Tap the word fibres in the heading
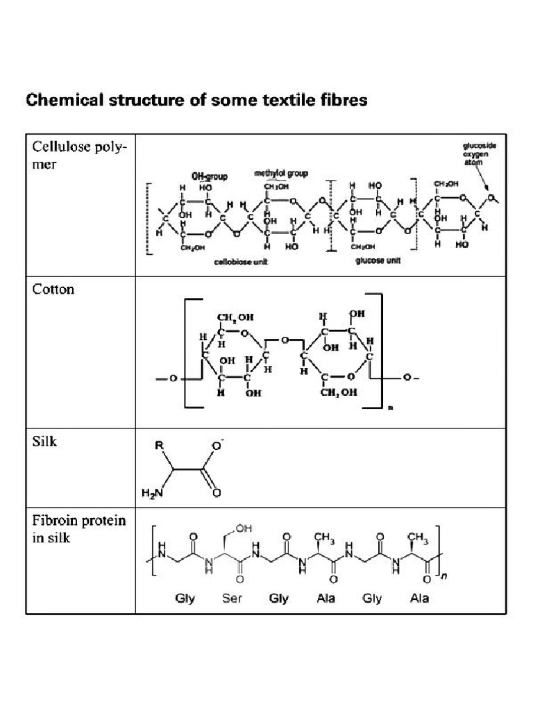click(340, 101)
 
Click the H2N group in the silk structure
click(151, 493)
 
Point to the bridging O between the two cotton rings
click(285, 340)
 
